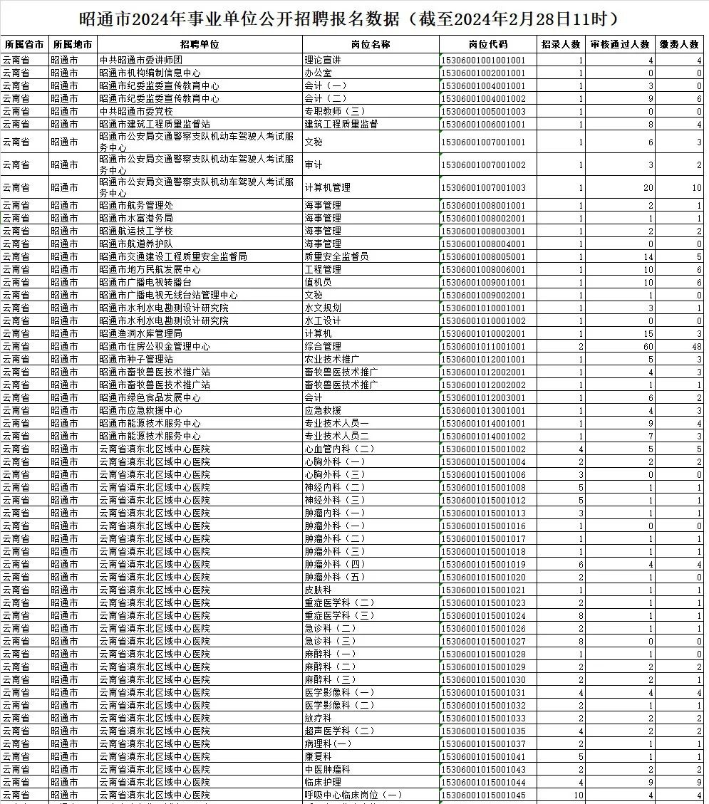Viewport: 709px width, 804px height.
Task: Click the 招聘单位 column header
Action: [x=199, y=44]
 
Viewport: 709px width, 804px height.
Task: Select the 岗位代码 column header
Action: [x=488, y=44]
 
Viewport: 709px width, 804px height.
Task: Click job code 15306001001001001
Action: [x=484, y=61]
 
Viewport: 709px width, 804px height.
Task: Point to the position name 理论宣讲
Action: [x=323, y=61]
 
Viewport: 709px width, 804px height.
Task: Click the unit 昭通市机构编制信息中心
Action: [x=150, y=73]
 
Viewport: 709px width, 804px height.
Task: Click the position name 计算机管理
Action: [x=328, y=188]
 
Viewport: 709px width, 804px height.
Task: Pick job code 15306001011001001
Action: [x=484, y=347]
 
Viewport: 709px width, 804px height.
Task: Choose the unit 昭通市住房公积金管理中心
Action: [x=155, y=347]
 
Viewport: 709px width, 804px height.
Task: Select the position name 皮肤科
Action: [x=318, y=590]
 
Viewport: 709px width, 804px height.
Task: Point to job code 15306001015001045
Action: [x=484, y=795]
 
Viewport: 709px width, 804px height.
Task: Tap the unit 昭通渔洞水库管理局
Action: [x=140, y=334]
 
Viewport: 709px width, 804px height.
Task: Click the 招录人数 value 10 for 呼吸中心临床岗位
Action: [x=579, y=795]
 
